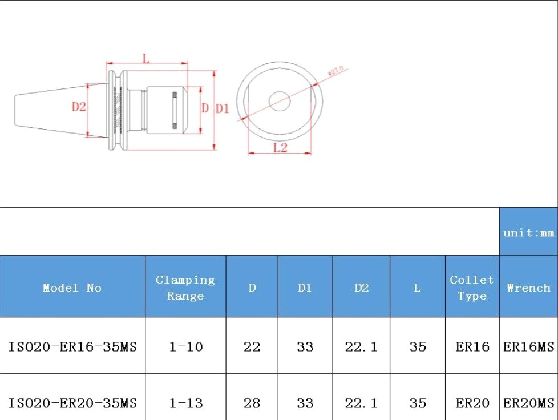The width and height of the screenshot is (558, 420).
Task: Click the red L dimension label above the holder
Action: pos(146,58)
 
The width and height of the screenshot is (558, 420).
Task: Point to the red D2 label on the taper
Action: pos(79,106)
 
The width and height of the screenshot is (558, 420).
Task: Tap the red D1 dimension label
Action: pos(223,108)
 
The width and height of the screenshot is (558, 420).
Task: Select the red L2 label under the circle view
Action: pos(280,147)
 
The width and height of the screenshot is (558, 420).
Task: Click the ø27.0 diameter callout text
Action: pos(336,70)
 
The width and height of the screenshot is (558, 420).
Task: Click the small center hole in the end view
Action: pos(280,102)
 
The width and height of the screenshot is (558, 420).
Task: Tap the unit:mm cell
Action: pos(528,232)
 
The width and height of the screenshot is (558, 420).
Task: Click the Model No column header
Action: pos(72,288)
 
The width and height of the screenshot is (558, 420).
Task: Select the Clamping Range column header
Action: pos(185,288)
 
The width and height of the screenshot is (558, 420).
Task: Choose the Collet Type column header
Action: pos(471,288)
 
